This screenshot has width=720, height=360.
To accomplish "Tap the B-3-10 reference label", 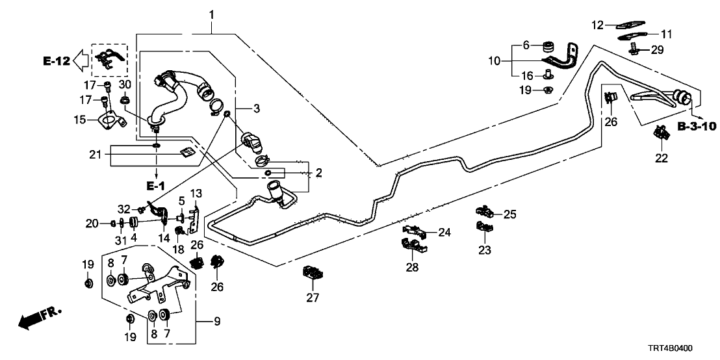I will (696, 125).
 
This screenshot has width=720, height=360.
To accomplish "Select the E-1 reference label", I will (155, 186).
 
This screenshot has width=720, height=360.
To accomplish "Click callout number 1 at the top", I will (211, 14).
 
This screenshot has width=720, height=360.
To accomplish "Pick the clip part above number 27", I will (314, 274).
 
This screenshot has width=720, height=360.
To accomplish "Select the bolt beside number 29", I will (634, 47).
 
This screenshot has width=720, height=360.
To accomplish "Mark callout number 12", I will (598, 25).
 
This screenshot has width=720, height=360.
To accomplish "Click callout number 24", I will (444, 232).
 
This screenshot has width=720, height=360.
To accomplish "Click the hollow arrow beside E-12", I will (80, 60).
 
